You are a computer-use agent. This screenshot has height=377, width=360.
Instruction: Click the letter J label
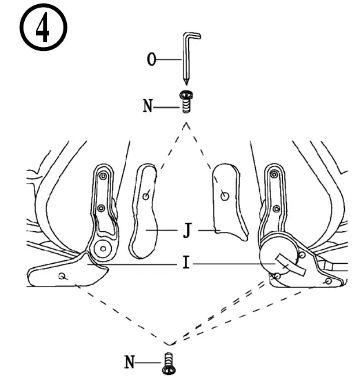(187, 231)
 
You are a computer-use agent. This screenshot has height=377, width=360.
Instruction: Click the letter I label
(187, 264)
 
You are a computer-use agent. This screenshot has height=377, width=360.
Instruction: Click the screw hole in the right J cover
(223, 195)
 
